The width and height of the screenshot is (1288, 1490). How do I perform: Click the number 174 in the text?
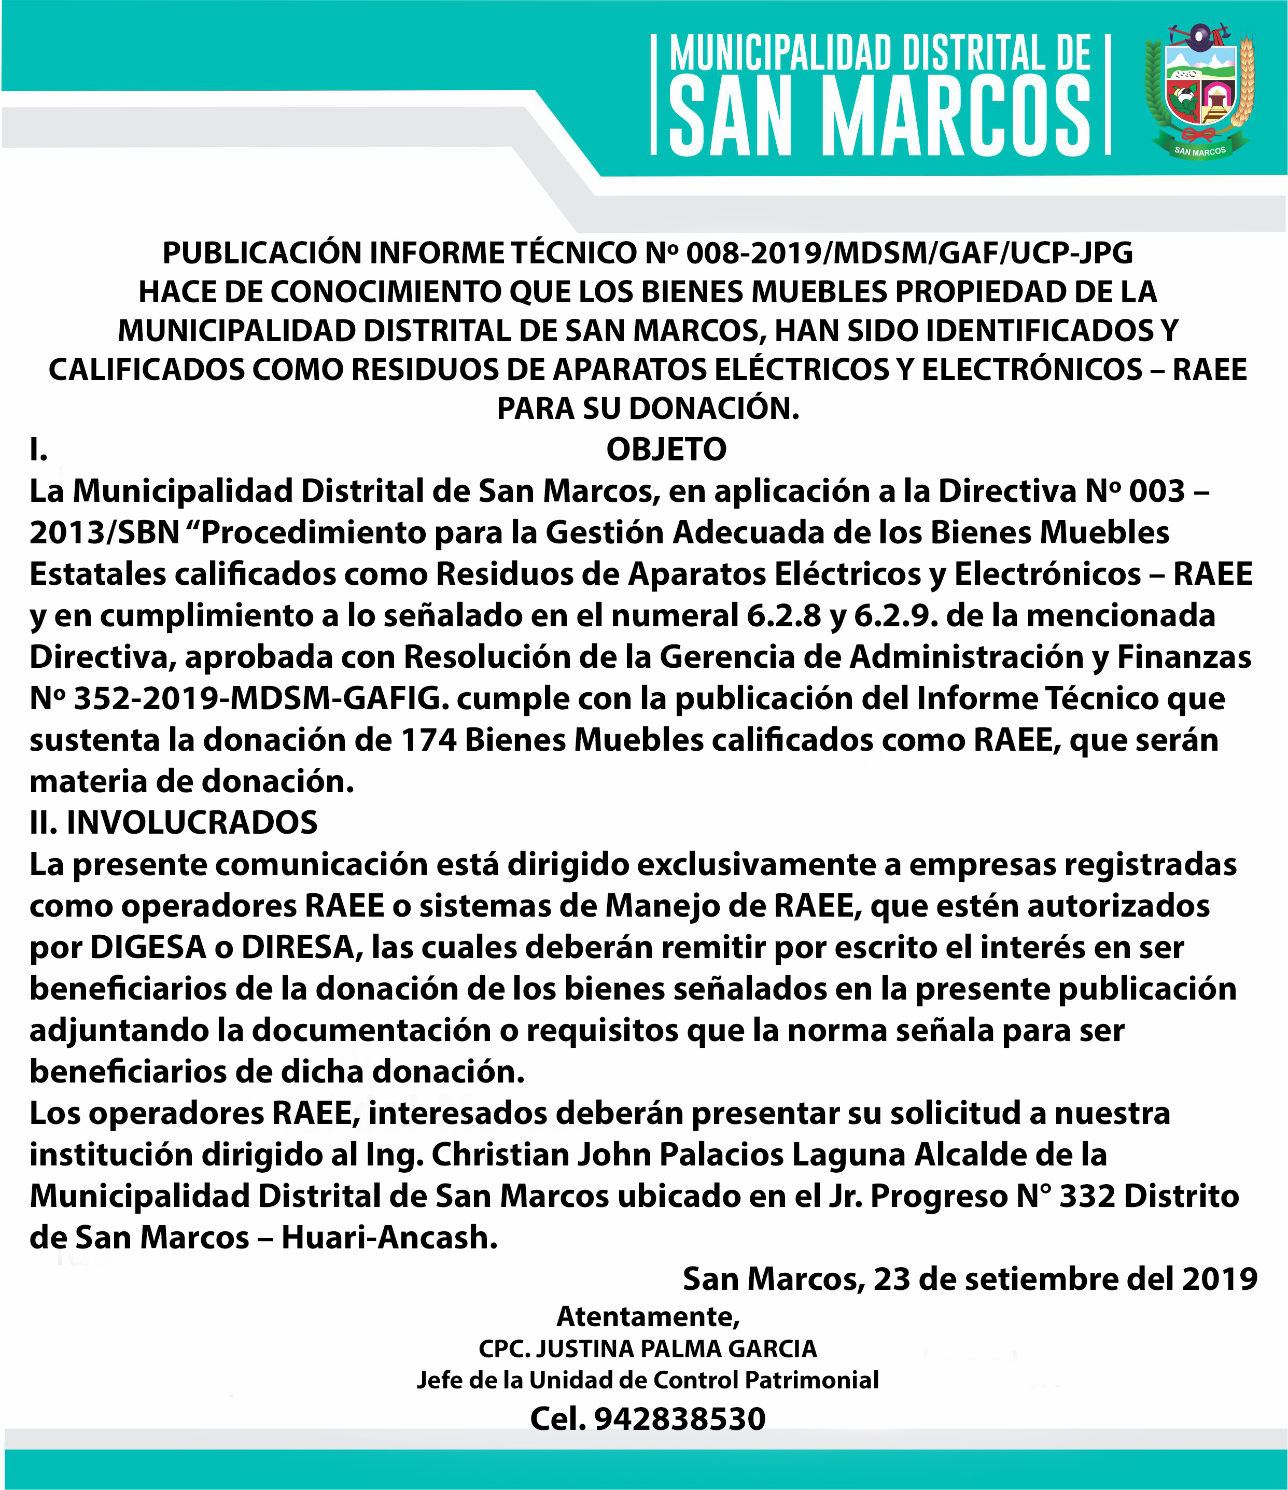[x=429, y=740]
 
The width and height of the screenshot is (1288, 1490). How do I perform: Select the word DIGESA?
[x=148, y=948]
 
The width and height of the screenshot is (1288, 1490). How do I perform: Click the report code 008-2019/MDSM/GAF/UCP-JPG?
[x=909, y=253]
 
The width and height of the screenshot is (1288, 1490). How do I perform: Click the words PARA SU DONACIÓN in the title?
[x=647, y=409]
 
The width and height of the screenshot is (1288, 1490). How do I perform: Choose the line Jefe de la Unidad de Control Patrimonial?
[x=647, y=1381]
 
